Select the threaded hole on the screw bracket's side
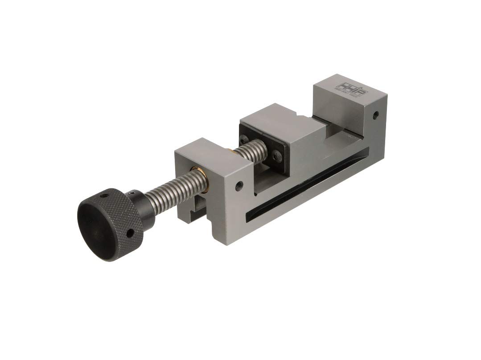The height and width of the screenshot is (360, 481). (x=238, y=183)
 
